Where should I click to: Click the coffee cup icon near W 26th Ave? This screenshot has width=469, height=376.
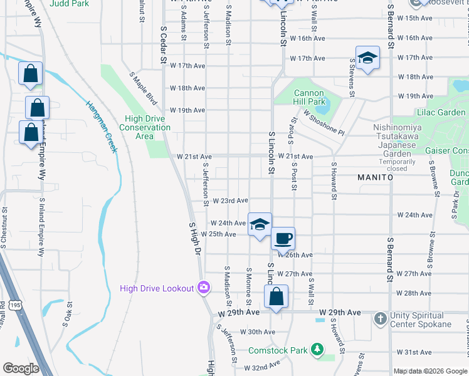coord(283,238)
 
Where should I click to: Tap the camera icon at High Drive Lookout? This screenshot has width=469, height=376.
coord(203,288)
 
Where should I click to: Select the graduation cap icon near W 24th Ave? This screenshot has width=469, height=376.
coord(259,224)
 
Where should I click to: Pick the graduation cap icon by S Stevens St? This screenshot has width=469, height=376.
coord(367,58)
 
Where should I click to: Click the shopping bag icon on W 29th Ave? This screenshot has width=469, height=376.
coord(277,296)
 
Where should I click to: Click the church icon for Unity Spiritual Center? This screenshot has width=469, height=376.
coord(379,319)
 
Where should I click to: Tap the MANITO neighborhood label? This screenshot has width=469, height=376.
coord(375,177)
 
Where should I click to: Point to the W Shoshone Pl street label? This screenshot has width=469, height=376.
coord(324,123)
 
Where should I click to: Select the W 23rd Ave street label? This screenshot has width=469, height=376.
coord(230,201)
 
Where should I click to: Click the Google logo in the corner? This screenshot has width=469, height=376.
coord(21,368)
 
